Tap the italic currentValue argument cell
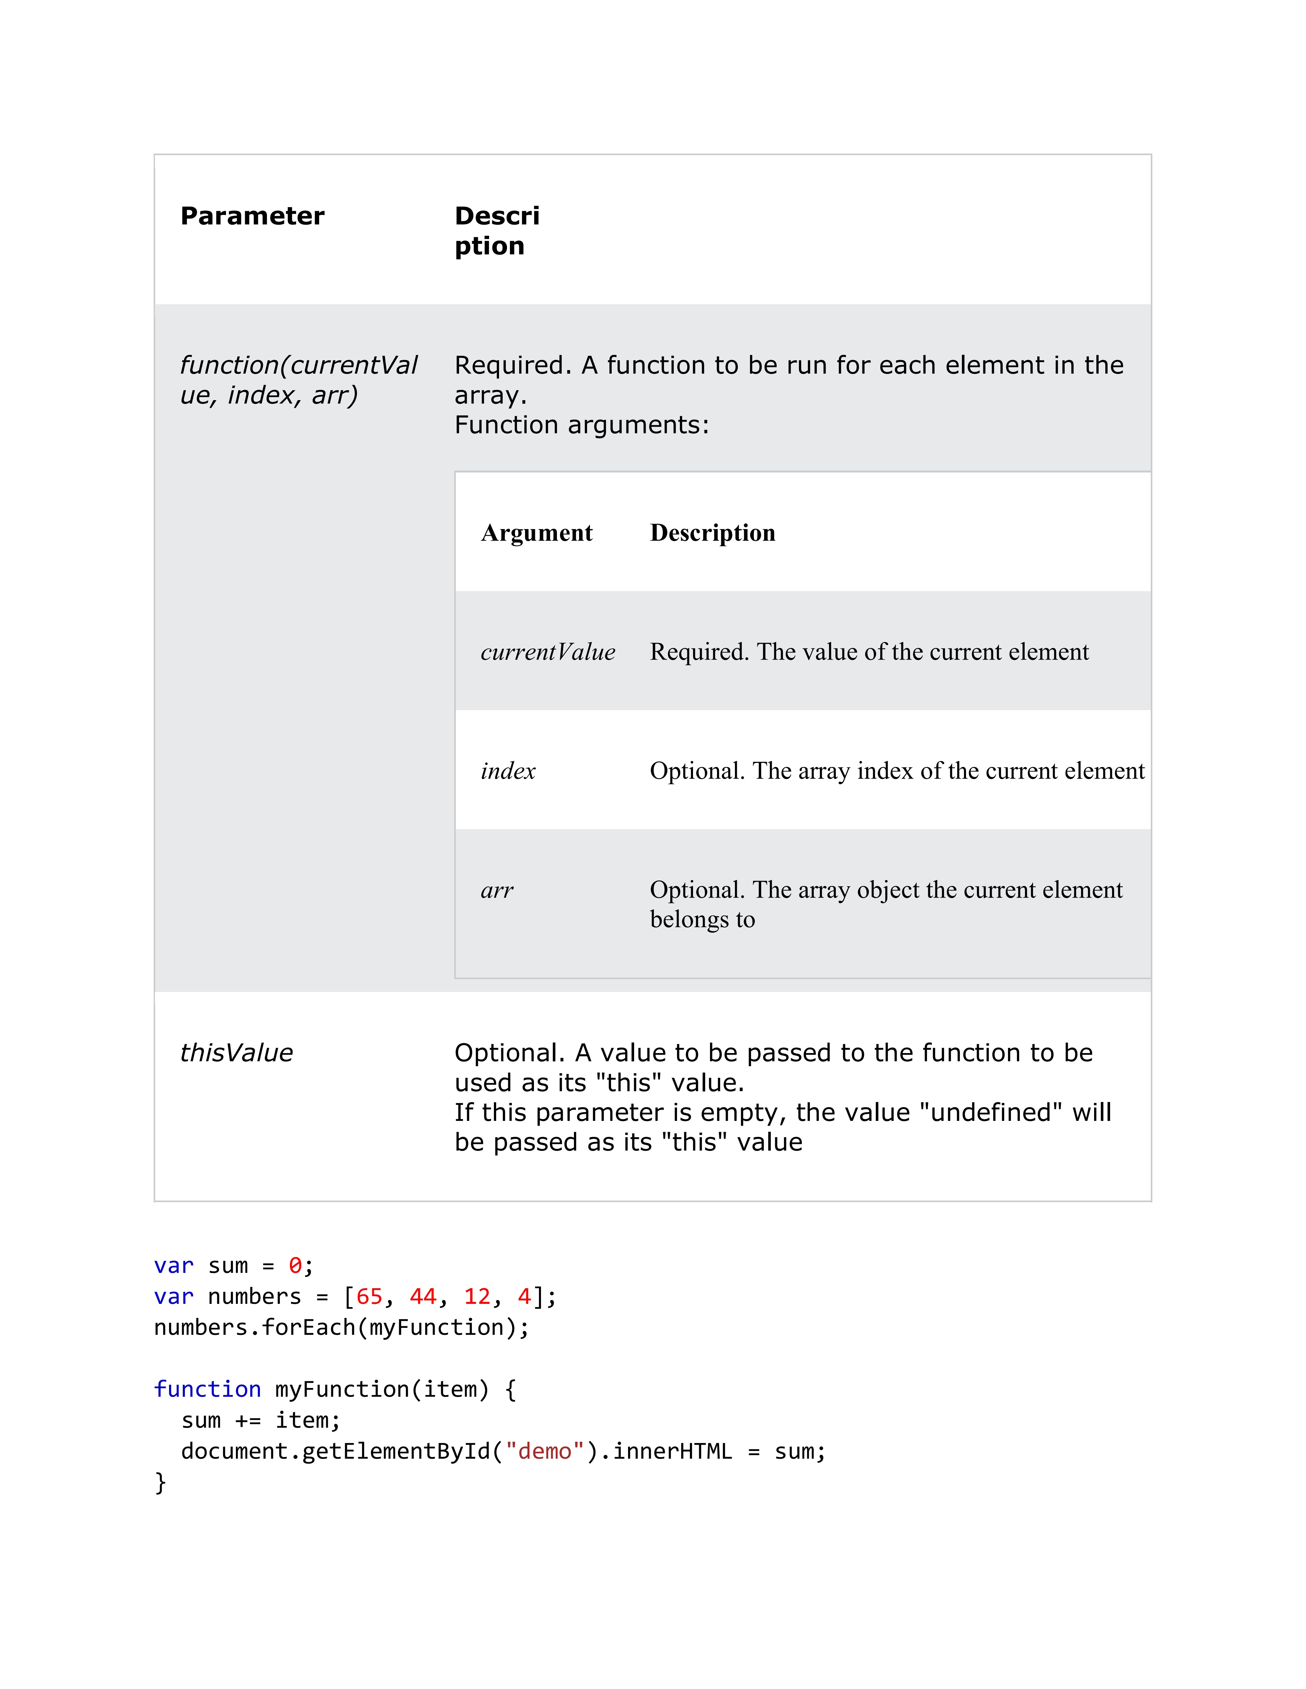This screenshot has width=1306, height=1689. tap(548, 652)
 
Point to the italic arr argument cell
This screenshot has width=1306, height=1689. tap(497, 890)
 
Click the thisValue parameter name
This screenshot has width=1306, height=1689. tap(237, 1052)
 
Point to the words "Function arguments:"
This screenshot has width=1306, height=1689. tap(582, 424)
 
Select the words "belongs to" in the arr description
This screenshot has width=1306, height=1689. tap(702, 920)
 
